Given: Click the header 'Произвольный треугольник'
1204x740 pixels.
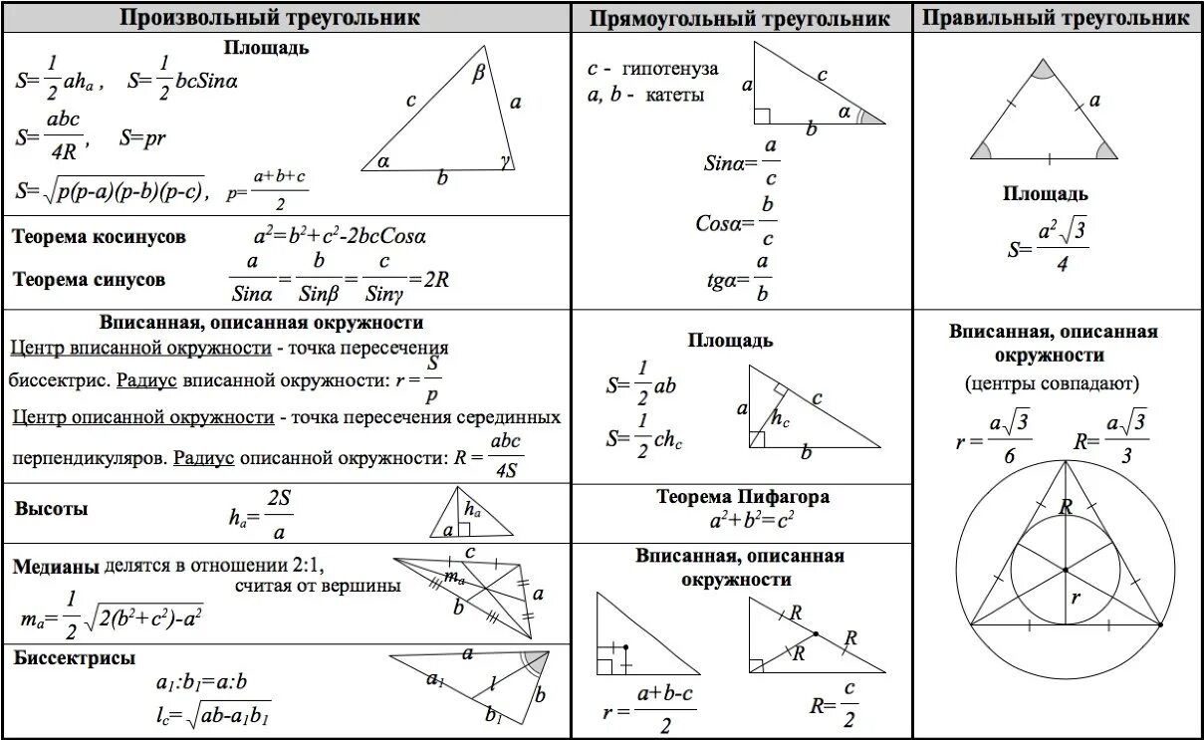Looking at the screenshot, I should click(271, 18).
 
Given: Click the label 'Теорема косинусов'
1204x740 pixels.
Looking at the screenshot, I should click(99, 237).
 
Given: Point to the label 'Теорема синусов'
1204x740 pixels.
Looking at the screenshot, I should click(90, 279).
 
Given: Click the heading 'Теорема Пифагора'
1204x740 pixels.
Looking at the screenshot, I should click(743, 496).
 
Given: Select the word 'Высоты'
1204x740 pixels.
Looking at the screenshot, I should click(51, 508).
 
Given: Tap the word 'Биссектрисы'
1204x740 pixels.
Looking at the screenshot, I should click(75, 657).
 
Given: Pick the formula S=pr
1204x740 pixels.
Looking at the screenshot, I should click(141, 138).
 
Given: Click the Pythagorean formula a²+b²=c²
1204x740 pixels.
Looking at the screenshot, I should click(752, 519).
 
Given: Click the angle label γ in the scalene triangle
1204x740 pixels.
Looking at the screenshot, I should click(505, 159).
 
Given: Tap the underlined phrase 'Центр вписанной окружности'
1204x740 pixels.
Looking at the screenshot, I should click(140, 348).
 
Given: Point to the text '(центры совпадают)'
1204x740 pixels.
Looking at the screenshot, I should click(1052, 382).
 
